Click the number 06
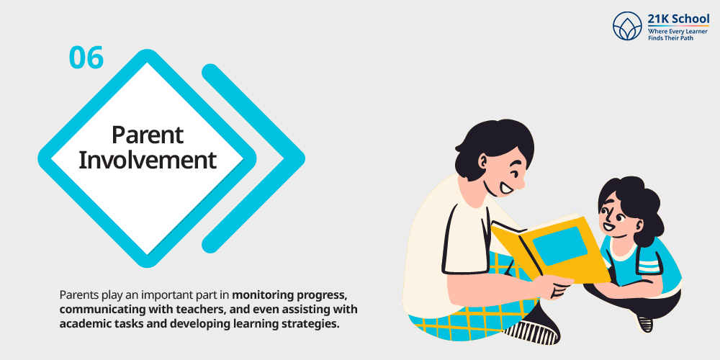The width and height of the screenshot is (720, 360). coord(86,58)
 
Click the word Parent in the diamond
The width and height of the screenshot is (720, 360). coord(148,135)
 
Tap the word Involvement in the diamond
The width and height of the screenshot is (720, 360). coord(148,160)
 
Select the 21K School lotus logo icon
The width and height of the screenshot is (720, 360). coord(627,26)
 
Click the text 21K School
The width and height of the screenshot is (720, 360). coord(678,19)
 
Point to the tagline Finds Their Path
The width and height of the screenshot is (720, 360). coord(670,37)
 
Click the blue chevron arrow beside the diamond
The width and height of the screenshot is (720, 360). coord(253,158)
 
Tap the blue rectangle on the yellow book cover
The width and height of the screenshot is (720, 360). coord(559,246)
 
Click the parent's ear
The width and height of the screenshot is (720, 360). coord(483,161)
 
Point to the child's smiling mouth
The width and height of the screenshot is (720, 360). coord(609,227)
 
